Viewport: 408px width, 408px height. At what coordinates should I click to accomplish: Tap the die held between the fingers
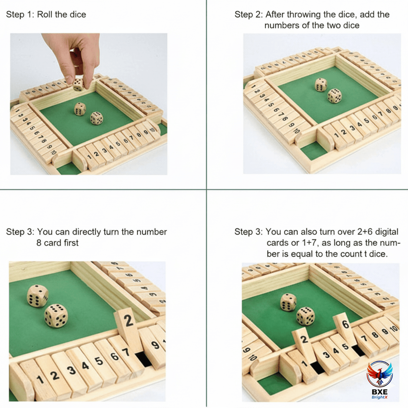pos(78,85)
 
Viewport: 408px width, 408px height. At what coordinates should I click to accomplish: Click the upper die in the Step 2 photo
pos(321,85)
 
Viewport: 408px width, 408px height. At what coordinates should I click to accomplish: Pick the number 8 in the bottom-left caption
pos(39,243)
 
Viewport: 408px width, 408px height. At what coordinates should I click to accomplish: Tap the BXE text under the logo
pos(380,392)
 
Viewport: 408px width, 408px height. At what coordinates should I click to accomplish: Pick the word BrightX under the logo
pos(379,397)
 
